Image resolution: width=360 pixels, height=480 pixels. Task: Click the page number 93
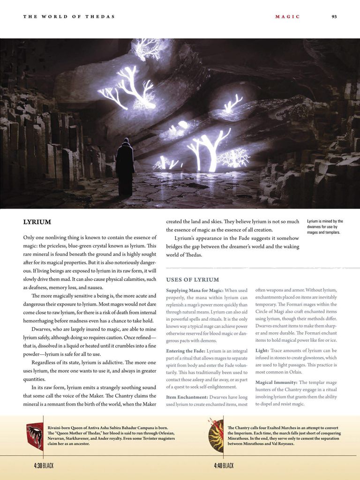pos(334,17)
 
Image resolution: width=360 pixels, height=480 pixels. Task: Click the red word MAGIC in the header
pos(285,17)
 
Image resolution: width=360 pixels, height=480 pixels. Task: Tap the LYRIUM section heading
pos(37,222)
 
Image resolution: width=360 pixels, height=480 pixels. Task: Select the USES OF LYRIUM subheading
pos(193,280)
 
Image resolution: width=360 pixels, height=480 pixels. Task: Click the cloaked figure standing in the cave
pos(124,169)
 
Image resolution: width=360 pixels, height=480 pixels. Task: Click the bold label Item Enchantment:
pos(187,397)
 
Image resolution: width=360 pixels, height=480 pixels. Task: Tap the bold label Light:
pos(262,351)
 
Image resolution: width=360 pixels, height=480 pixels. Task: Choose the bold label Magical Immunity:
pos(276,382)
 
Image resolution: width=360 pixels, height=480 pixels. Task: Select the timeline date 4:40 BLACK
pos(224,465)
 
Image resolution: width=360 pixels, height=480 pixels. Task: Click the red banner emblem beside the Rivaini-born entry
pos(35,436)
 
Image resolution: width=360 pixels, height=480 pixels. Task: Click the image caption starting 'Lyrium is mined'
pos(325,227)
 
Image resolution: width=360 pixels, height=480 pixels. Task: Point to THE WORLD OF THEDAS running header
pos(69,17)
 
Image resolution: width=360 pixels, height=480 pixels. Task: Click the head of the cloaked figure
pos(125,142)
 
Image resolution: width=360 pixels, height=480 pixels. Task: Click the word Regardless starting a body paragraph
pos(45,362)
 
